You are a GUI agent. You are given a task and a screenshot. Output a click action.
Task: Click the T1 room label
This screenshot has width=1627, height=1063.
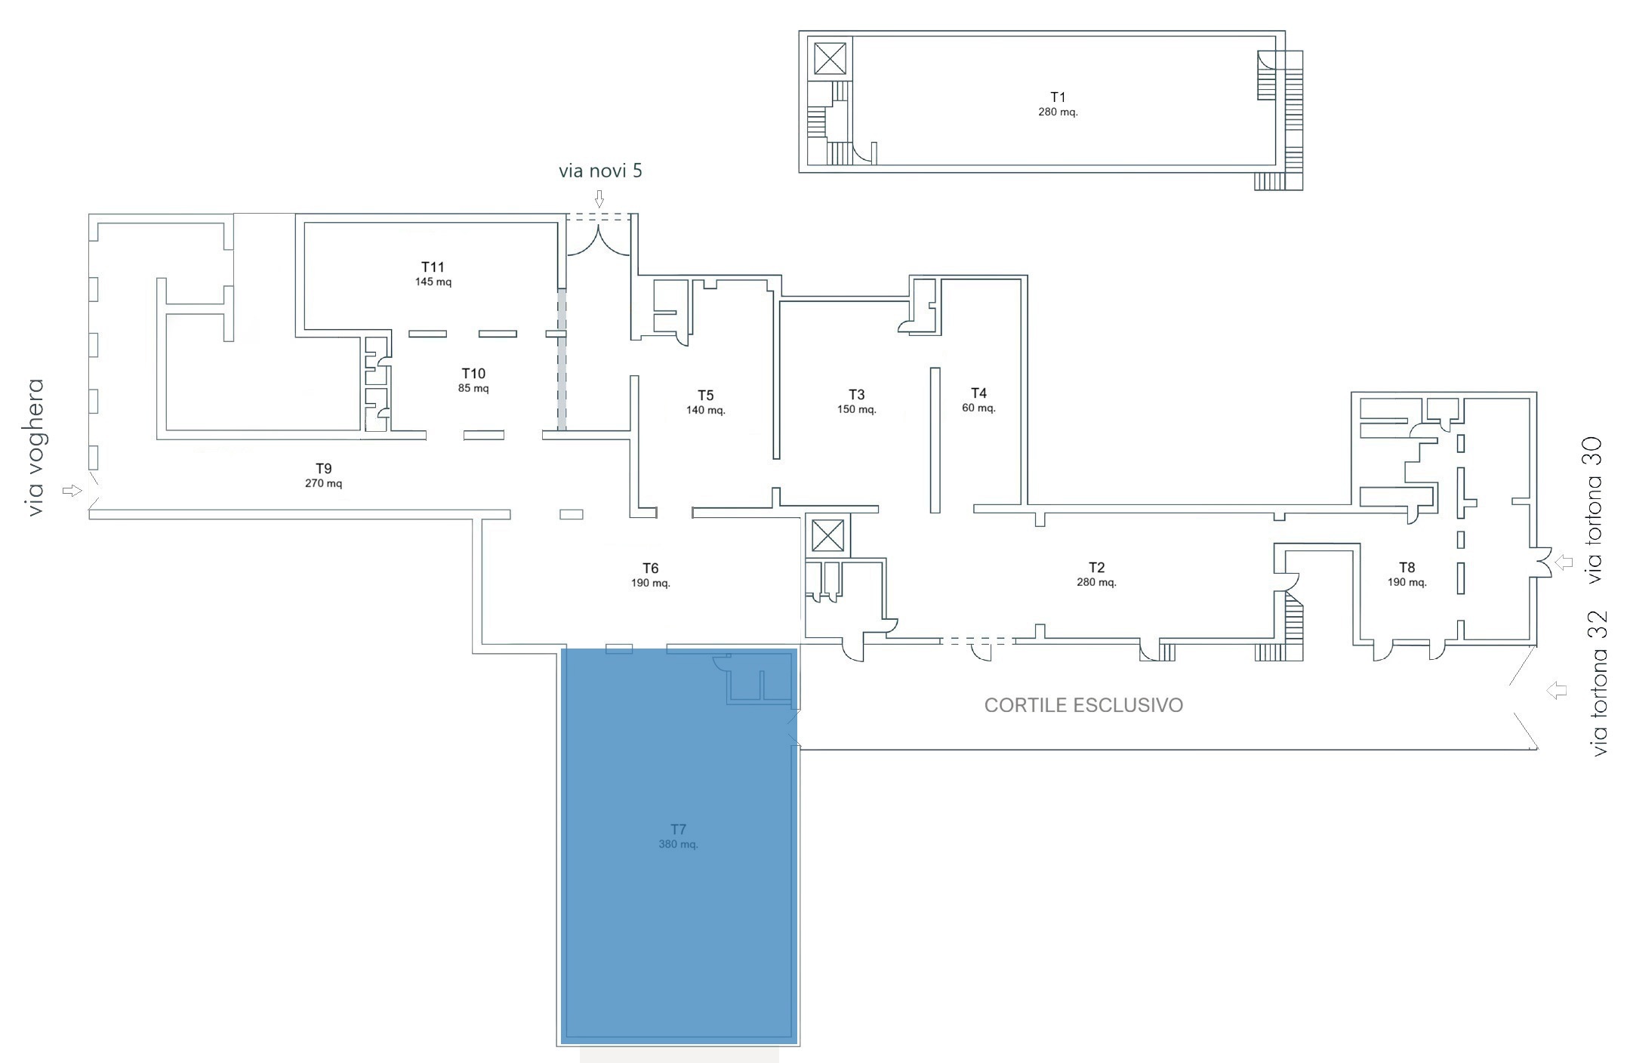point(1058,97)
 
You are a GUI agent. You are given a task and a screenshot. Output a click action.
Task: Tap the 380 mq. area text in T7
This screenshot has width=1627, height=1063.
point(678,844)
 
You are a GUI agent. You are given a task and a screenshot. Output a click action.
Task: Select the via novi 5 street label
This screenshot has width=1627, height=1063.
point(600,171)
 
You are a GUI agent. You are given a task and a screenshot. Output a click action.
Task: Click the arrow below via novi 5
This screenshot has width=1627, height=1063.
point(599,199)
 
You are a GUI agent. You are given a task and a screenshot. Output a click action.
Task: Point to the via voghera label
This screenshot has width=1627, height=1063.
point(35,448)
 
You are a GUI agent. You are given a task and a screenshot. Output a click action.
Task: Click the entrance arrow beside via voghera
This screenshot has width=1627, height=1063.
point(72,491)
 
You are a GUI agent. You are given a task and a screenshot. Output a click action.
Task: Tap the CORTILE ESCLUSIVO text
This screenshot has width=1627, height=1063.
point(1083,705)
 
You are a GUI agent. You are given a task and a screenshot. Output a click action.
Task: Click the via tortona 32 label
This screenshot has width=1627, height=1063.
point(1598,683)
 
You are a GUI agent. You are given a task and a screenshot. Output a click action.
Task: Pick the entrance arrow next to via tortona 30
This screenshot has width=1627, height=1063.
point(1564,562)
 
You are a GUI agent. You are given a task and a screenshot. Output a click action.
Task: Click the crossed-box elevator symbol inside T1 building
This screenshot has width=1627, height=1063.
point(830,58)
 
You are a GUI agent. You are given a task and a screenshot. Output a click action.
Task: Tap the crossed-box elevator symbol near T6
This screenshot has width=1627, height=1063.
point(827,536)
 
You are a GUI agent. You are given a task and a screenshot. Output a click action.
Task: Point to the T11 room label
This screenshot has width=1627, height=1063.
point(433,267)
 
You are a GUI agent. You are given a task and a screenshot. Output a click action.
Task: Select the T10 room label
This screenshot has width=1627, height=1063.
point(473,374)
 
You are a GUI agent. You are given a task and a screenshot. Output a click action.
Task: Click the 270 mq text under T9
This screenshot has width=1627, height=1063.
point(323,483)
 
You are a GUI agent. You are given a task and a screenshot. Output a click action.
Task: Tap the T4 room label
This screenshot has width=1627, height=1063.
point(978,393)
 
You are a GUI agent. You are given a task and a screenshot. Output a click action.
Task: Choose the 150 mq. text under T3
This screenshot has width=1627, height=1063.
point(856,410)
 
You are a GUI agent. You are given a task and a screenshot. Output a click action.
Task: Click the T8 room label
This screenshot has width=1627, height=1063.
point(1407,568)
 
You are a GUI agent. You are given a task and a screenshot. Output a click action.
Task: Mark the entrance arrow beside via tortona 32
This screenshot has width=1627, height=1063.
point(1557,690)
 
